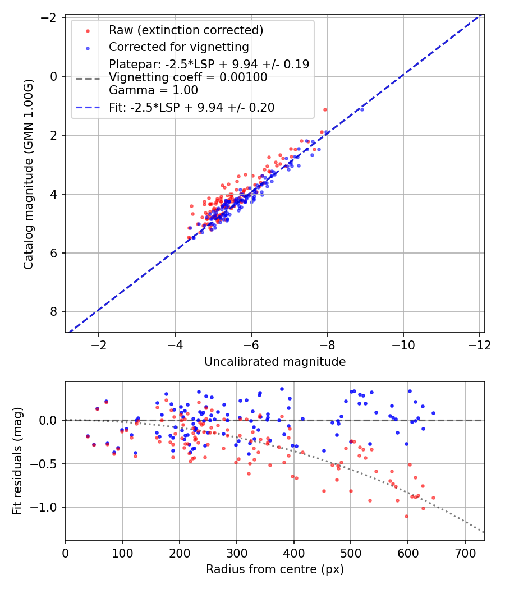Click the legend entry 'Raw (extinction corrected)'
click(x=186, y=30)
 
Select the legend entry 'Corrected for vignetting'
click(x=179, y=46)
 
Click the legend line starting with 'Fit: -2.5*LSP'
click(x=191, y=107)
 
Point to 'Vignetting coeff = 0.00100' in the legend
click(x=188, y=77)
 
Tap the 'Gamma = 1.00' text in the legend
click(x=153, y=90)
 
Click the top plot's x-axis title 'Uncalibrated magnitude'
click(x=275, y=362)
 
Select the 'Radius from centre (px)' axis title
click(x=275, y=569)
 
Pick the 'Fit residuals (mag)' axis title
click(x=17, y=461)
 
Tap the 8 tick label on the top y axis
click(x=54, y=312)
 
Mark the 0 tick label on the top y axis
click(x=54, y=76)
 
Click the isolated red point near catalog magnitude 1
click(x=325, y=109)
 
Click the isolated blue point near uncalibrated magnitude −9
click(x=362, y=109)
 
